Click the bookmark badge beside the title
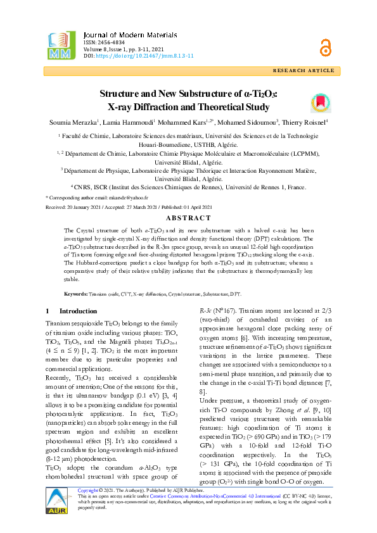click(319, 103)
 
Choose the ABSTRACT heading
click(188, 217)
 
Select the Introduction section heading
click(78, 311)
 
